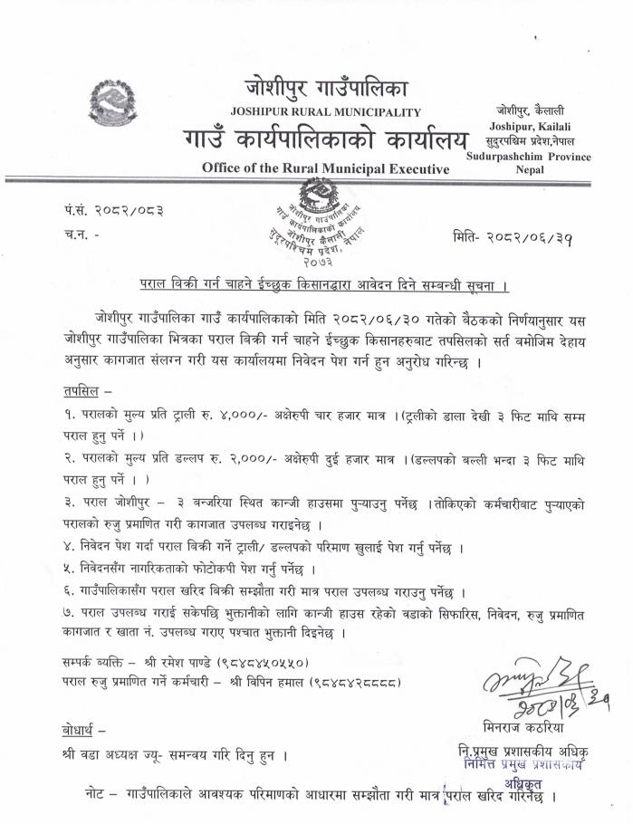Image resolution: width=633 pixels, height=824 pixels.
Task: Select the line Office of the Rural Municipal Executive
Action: click(325, 168)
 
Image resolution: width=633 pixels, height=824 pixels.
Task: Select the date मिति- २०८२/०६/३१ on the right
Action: click(513, 238)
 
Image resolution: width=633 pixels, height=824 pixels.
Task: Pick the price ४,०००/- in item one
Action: click(273, 417)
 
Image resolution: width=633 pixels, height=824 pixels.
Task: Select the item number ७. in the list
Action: click(69, 614)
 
